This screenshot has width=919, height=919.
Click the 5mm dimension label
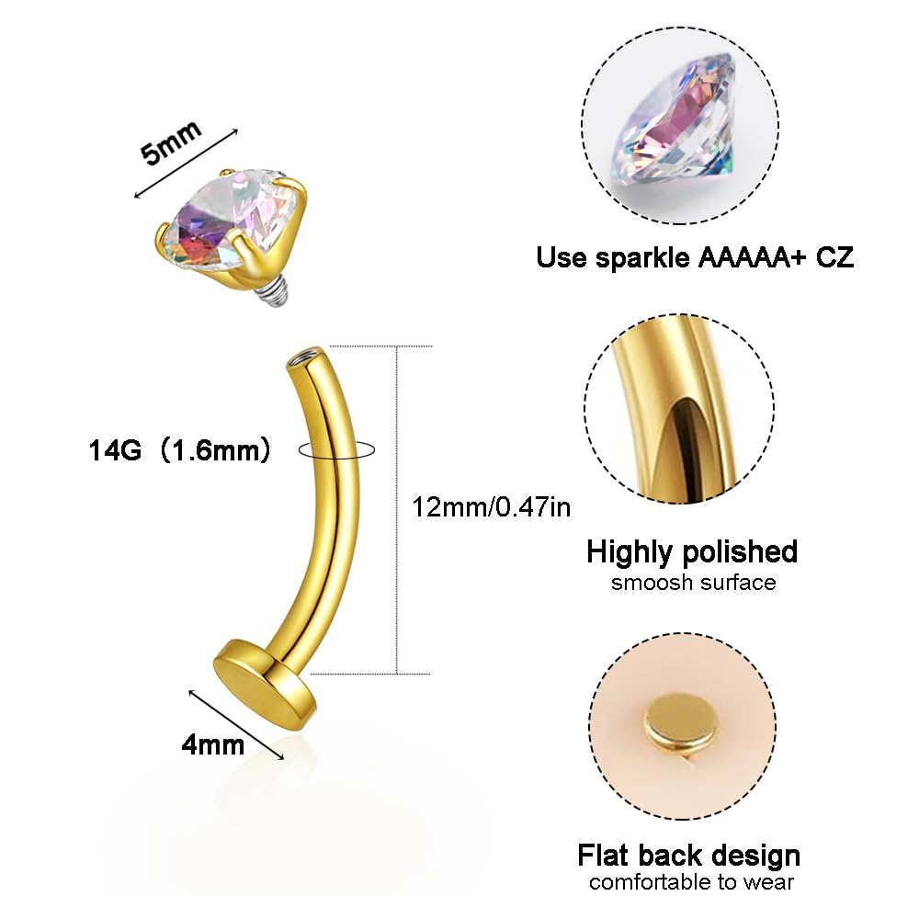pos(171,142)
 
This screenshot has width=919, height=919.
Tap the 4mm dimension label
pos(213,745)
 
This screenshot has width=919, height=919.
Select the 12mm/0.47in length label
pos(491,507)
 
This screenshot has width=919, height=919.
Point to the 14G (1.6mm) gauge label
pos(180,450)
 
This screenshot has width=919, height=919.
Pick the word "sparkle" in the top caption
pos(642,258)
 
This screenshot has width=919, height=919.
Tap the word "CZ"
pos(834,258)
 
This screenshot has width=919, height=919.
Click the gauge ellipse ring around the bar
pos(336,449)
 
